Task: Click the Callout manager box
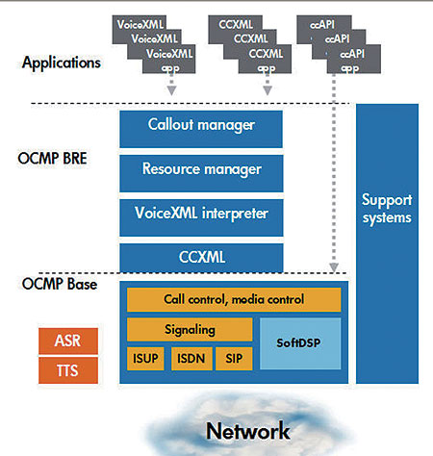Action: point(201,129)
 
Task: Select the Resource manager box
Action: point(201,173)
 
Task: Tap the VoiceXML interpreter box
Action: point(201,217)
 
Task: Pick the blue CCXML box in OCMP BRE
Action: point(201,258)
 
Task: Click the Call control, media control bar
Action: point(234,299)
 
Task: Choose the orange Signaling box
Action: point(190,329)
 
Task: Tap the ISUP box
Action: point(145,359)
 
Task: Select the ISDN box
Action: point(191,359)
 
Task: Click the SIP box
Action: point(234,359)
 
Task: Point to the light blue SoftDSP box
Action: point(300,343)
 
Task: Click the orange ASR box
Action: point(68,341)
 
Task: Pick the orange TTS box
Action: point(68,370)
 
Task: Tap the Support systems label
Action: point(387,209)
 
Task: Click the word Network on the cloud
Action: point(248,431)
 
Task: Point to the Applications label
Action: point(62,63)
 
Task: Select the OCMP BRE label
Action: point(52,159)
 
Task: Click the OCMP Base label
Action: point(60,284)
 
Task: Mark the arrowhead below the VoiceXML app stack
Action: point(172,90)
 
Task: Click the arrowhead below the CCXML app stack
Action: point(267,90)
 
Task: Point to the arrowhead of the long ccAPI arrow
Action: point(334,267)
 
